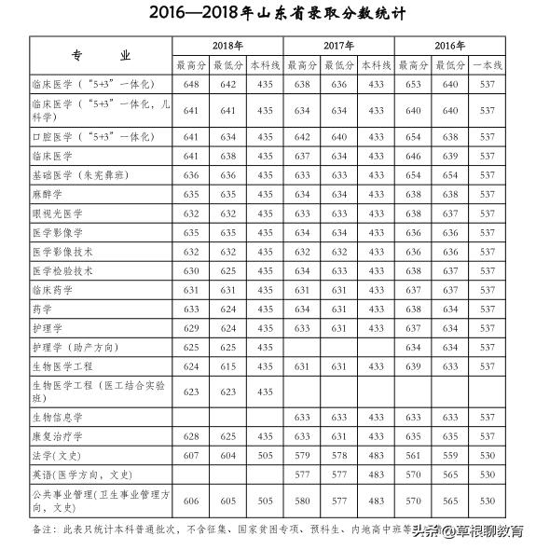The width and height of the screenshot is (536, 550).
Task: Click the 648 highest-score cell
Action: click(191, 84)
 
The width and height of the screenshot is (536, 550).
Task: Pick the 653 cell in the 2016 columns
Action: click(412, 84)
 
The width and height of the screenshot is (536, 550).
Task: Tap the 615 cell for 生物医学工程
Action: click(227, 366)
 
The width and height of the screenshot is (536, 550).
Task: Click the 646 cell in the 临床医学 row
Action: click(412, 156)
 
